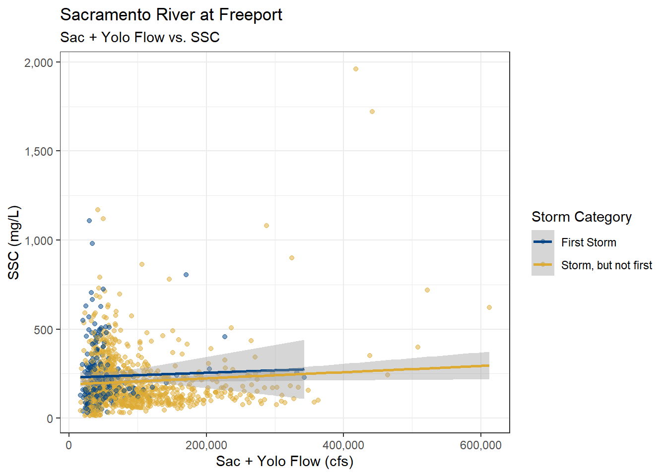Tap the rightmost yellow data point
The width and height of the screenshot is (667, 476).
(x=489, y=307)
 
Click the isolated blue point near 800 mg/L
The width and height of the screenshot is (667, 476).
(x=186, y=275)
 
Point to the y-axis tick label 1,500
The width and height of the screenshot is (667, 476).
(x=39, y=152)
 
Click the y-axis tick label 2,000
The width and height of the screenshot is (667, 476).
(x=39, y=62)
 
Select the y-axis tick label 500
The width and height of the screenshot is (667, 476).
(x=43, y=330)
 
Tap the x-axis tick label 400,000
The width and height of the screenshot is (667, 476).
(x=343, y=445)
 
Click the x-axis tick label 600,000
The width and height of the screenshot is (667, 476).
(x=480, y=445)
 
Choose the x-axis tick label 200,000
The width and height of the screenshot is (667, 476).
(x=206, y=445)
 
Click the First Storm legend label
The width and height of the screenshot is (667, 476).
(x=589, y=242)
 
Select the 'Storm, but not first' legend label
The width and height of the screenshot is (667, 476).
(x=606, y=265)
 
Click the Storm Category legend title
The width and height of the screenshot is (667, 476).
(x=581, y=217)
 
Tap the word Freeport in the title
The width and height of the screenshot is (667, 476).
(x=250, y=15)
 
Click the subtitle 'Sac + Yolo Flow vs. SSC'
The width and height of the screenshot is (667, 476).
(x=139, y=38)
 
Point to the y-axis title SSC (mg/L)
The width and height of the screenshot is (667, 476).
(x=14, y=242)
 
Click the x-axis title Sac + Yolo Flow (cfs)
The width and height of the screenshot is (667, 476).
(x=284, y=462)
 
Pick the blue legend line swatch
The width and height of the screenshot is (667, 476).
(x=542, y=242)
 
